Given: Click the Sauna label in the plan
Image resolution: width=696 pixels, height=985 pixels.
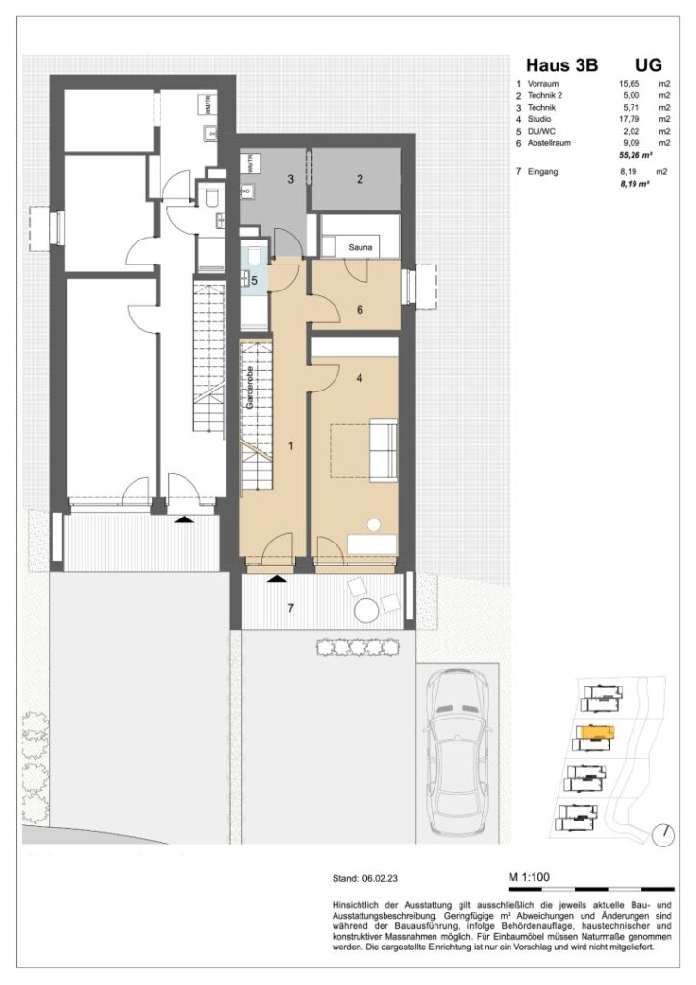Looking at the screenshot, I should (361, 248).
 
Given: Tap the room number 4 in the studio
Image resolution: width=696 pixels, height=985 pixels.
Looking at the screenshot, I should (359, 378).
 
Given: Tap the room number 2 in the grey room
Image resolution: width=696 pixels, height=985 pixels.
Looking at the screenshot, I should (359, 179).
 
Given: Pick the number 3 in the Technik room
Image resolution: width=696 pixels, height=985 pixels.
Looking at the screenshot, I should (289, 179).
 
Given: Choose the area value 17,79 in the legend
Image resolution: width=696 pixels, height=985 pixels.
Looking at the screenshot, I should (630, 119).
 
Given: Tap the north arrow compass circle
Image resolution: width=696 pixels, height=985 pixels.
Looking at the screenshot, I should (660, 834).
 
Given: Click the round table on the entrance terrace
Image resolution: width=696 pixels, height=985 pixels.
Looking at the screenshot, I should (366, 612).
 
